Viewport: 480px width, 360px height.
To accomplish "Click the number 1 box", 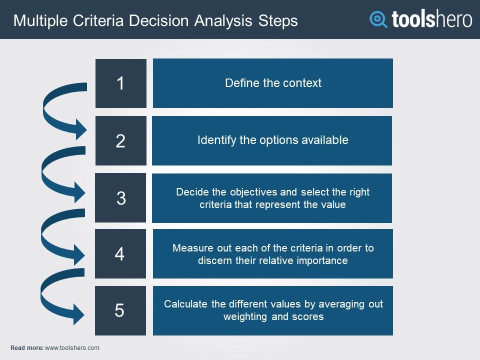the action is tap(121, 83).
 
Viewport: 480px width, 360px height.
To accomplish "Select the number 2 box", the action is tap(121, 140).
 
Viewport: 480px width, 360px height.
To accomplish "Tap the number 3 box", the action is tap(120, 198).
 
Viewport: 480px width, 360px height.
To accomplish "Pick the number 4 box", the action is tap(120, 254).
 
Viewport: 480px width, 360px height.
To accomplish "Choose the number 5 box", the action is tap(120, 310).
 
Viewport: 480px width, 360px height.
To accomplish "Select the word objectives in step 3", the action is tap(253, 192).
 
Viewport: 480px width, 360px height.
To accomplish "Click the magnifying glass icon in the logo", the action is tap(378, 19).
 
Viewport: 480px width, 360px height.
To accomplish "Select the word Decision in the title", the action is tap(158, 21).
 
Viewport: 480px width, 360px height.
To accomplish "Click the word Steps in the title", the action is tap(278, 21).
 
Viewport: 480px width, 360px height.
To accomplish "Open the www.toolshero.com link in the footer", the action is tap(72, 348).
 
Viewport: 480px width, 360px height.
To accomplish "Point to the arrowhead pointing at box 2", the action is tap(81, 129).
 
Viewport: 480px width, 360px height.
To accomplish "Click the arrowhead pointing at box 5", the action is tap(79, 314).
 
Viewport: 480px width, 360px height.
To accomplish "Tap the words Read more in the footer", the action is tap(27, 348).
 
